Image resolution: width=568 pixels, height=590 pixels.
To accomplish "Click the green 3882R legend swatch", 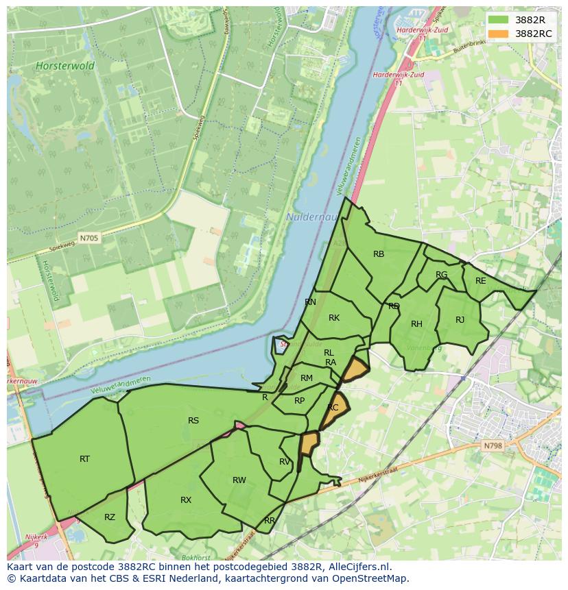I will pyautogui.click(x=499, y=21).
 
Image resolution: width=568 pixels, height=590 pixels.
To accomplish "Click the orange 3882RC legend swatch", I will pyautogui.click(x=499, y=34).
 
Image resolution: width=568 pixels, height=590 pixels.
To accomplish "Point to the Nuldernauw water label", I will pyautogui.click(x=307, y=217).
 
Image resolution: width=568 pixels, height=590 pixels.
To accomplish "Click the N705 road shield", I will pyautogui.click(x=88, y=238).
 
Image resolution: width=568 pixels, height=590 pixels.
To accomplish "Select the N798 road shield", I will pyautogui.click(x=493, y=446).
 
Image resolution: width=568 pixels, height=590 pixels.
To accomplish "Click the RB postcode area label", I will pyautogui.click(x=379, y=254).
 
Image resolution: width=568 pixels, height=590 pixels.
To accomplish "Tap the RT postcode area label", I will pyautogui.click(x=84, y=459).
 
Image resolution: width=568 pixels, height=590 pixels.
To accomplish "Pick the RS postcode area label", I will pyautogui.click(x=193, y=421).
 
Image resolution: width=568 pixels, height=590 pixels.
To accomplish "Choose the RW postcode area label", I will pyautogui.click(x=239, y=480).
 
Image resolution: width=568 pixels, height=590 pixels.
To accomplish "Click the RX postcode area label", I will pyautogui.click(x=186, y=500).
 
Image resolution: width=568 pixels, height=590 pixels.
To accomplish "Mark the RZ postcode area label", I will pyautogui.click(x=110, y=517).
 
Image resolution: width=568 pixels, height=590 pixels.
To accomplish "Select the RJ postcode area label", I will pyautogui.click(x=460, y=320).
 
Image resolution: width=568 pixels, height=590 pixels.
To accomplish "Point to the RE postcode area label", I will pyautogui.click(x=480, y=281).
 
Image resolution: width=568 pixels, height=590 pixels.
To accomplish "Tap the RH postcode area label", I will pyautogui.click(x=416, y=324).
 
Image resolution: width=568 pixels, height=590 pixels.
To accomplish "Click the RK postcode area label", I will pyautogui.click(x=334, y=318).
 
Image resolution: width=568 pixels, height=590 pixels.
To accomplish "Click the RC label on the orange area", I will pyautogui.click(x=333, y=408).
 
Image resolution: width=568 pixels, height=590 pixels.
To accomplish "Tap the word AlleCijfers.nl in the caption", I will pyautogui.click(x=357, y=567).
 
